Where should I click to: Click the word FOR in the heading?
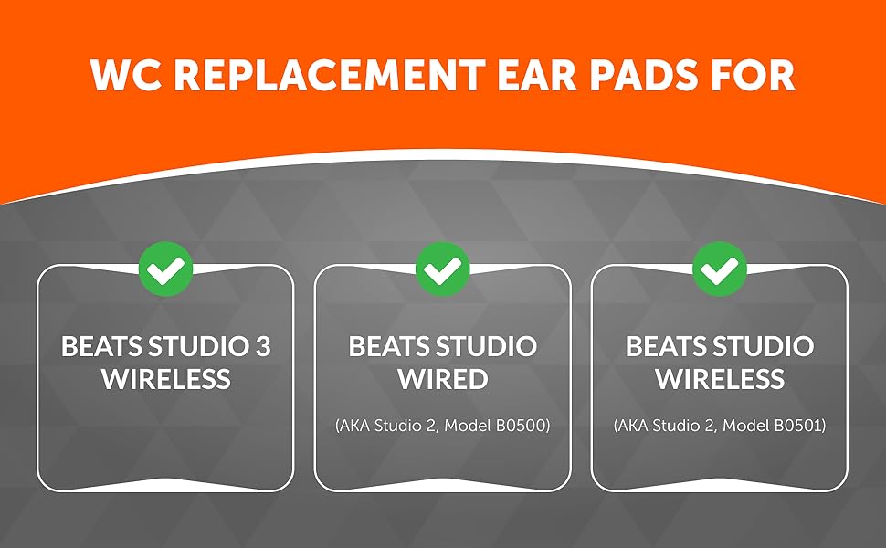click(751, 77)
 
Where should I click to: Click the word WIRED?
click(443, 379)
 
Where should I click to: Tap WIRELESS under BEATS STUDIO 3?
click(165, 379)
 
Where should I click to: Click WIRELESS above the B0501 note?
click(720, 379)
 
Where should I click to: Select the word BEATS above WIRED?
click(389, 347)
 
